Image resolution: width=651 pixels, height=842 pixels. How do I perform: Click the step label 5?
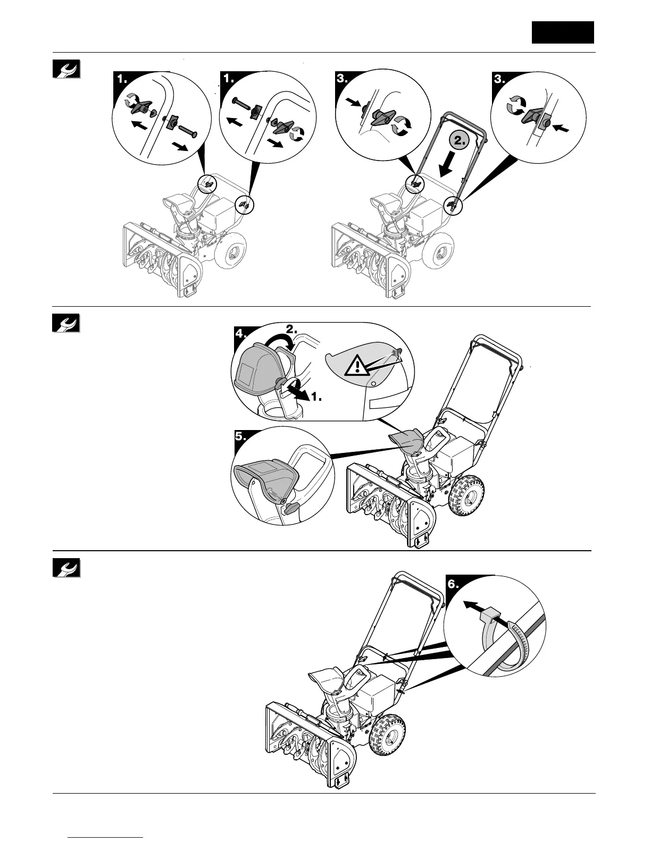coord(241,436)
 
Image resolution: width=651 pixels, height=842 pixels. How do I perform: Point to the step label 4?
coord(241,334)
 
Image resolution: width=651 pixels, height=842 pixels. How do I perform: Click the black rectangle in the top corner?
coord(563,32)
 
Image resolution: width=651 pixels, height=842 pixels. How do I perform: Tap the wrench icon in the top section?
coord(66,69)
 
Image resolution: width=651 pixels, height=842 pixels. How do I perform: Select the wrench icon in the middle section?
coord(66,323)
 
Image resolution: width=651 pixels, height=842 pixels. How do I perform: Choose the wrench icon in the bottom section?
coord(66,568)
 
